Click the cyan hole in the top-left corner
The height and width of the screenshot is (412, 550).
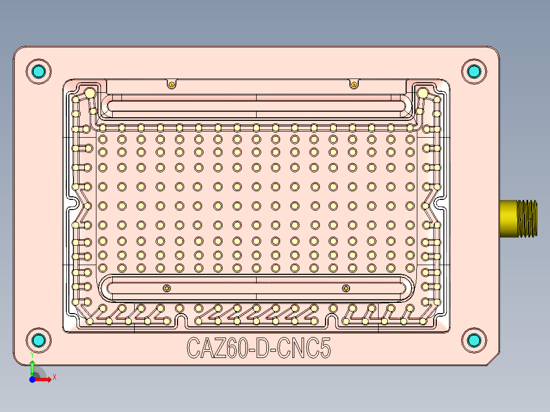39,71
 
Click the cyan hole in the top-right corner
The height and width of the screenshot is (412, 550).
474,71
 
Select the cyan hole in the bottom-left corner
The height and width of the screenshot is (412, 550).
39,340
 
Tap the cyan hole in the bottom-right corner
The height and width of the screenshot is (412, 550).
474,340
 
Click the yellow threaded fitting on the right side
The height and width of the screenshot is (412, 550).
518,218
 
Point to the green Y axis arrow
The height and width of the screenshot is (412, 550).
32,367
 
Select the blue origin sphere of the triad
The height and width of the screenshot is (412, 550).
32,379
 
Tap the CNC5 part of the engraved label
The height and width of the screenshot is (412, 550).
304,348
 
